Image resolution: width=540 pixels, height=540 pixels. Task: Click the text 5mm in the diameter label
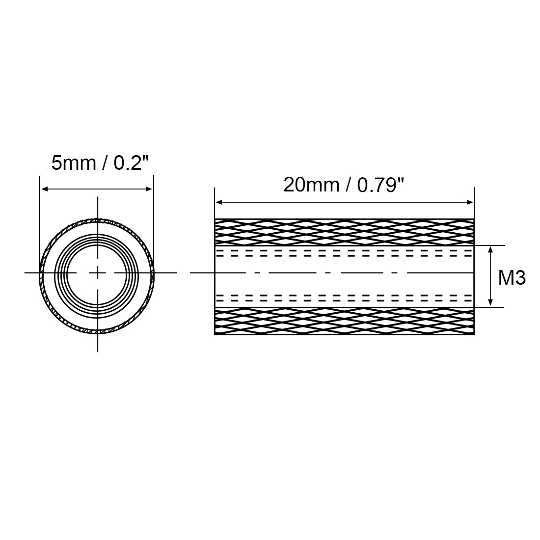point(74,163)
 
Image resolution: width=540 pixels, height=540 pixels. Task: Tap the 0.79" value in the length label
point(380,185)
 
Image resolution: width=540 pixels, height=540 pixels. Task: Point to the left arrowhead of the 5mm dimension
point(45,189)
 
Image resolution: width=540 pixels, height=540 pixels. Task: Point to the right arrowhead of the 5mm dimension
point(148,189)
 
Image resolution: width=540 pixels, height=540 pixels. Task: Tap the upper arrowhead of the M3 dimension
point(491,250)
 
